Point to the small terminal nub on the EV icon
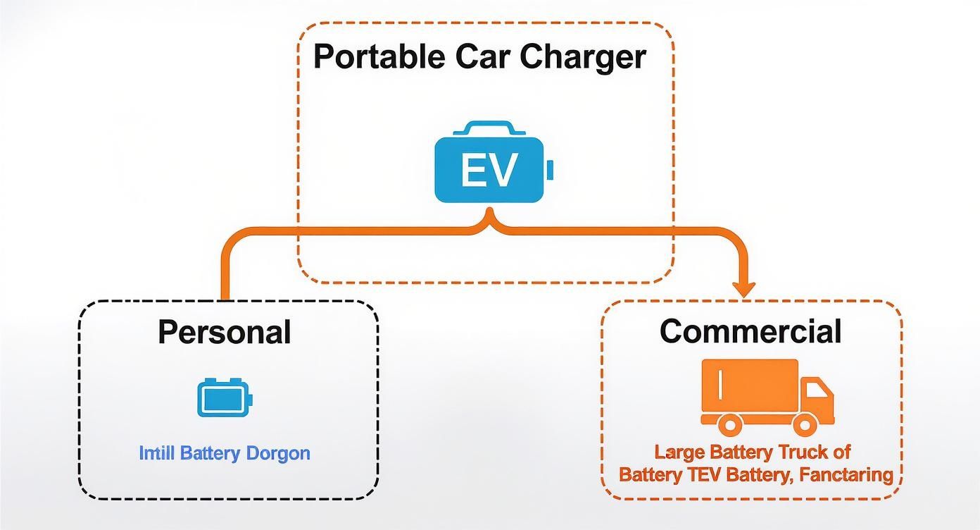[x=550, y=170]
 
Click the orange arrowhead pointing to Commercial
[x=743, y=288]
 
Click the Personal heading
[x=224, y=332]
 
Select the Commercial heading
[x=750, y=331]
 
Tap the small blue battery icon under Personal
[x=224, y=398]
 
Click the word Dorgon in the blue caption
[x=278, y=452]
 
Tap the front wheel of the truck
[x=805, y=424]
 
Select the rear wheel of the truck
[x=729, y=424]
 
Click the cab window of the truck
[x=817, y=390]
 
